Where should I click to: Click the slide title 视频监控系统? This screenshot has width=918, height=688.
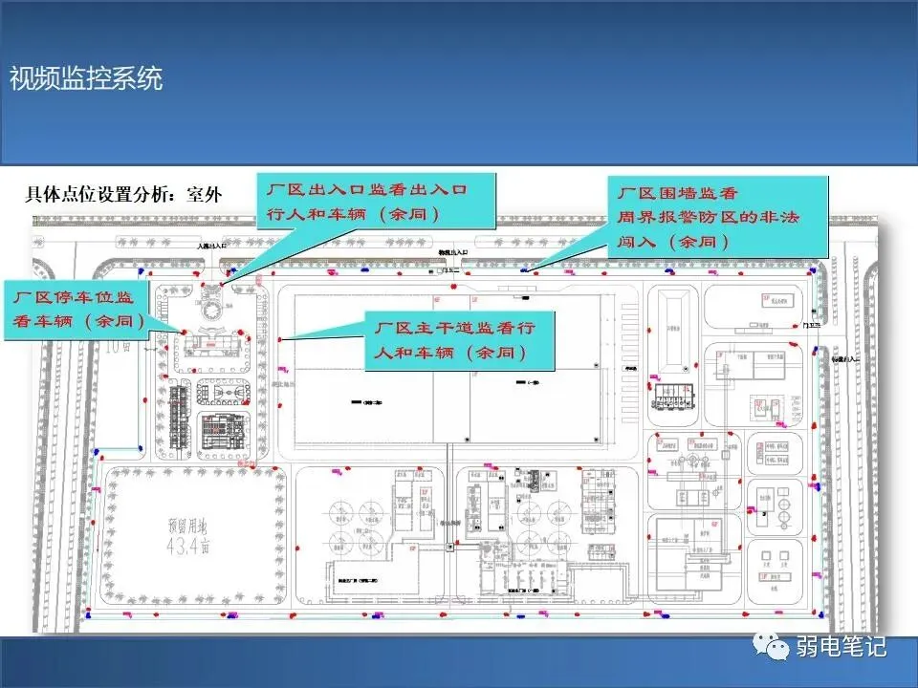pyautogui.click(x=86, y=78)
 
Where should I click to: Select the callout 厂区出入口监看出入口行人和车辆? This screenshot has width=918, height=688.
pyautogui.click(x=379, y=202)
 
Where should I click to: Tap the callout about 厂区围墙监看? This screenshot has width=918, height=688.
pyautogui.click(x=709, y=217)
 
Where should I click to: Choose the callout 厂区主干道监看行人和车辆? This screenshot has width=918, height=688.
pyautogui.click(x=461, y=341)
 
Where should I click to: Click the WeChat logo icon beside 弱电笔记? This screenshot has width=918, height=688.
pyautogui.click(x=770, y=647)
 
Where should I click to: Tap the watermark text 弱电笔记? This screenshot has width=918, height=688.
pyautogui.click(x=841, y=647)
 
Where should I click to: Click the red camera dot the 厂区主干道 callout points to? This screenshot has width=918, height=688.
pyautogui.click(x=279, y=339)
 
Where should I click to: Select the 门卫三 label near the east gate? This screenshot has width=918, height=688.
pyautogui.click(x=812, y=325)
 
